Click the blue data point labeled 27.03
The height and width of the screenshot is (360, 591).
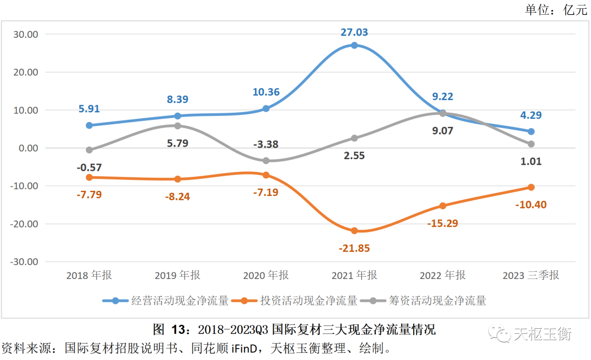[x=355, y=45]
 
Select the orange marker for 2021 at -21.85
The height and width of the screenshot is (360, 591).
[x=355, y=231]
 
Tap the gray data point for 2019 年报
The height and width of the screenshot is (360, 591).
[x=177, y=126]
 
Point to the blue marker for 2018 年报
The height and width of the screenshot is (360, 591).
[x=89, y=125]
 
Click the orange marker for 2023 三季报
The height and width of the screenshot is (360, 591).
[x=531, y=187]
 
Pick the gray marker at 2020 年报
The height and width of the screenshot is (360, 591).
[x=266, y=161]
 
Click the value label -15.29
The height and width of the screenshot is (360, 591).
[x=442, y=223]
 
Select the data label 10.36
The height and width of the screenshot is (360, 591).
[x=266, y=92]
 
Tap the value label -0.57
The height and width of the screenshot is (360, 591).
[x=89, y=167]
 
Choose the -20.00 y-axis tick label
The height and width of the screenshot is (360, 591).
[x=25, y=224]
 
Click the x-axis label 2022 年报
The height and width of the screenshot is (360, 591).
[x=442, y=275]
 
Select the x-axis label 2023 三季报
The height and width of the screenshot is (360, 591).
[x=531, y=275]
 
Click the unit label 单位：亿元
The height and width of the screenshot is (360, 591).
[x=556, y=10]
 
